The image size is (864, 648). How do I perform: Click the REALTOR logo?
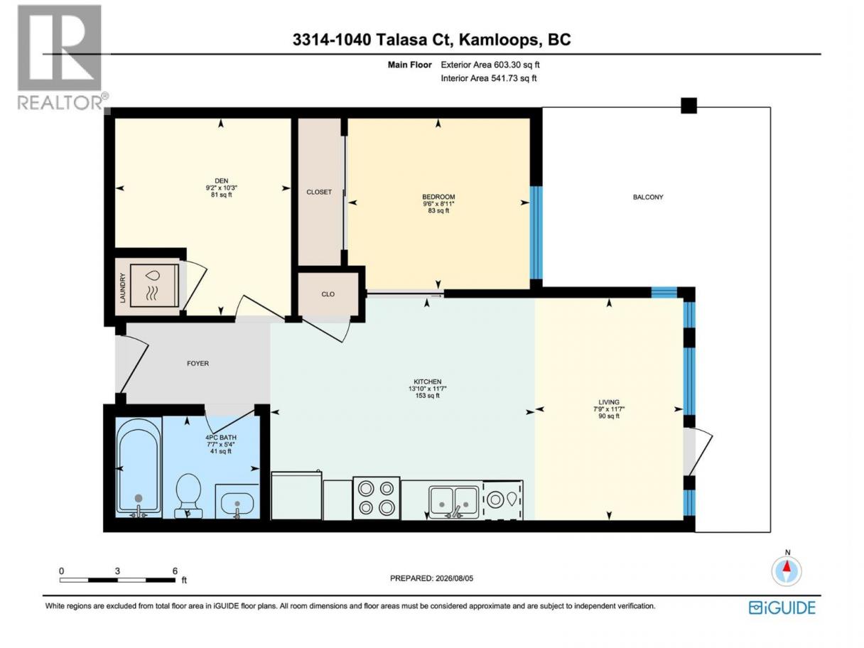(62, 58)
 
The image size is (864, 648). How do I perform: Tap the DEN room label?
(221, 181)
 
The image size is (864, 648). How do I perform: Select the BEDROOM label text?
(438, 197)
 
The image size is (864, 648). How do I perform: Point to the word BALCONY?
(648, 197)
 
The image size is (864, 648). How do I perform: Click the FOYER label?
(198, 364)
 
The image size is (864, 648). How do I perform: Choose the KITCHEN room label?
(428, 382)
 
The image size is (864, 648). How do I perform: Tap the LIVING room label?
(609, 402)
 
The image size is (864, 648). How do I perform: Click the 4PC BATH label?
(221, 438)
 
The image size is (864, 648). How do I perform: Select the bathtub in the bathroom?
(139, 467)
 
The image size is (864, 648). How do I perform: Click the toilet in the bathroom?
(188, 496)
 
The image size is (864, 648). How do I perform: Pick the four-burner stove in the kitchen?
(377, 499)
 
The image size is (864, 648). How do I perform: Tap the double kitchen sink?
(454, 502)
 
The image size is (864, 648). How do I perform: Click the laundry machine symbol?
(154, 285)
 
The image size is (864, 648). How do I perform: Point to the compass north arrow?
(787, 566)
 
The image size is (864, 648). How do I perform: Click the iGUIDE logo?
(782, 608)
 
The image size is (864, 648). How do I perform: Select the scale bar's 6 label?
(175, 571)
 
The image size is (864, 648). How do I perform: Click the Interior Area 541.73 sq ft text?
(488, 78)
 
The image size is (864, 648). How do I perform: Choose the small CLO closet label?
(328, 294)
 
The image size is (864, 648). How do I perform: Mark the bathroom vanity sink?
(237, 501)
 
